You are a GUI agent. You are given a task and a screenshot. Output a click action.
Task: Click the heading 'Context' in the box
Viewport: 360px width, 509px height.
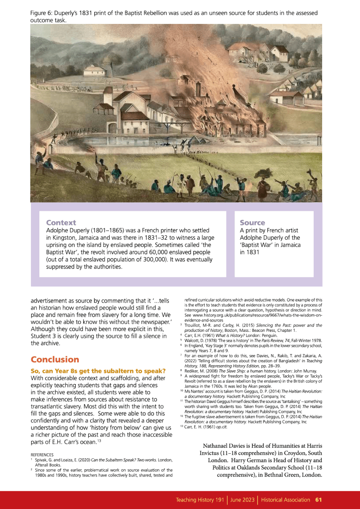click(x=61, y=222)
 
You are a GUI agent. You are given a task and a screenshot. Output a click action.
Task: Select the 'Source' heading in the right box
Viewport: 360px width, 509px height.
click(x=252, y=222)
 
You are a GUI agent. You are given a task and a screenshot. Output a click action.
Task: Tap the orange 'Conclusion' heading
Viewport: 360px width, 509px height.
click(x=55, y=359)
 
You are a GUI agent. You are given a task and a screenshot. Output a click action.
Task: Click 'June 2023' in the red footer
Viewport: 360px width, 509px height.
click(x=242, y=500)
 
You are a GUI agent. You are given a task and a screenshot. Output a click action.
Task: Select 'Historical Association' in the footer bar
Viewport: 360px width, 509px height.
click(x=285, y=500)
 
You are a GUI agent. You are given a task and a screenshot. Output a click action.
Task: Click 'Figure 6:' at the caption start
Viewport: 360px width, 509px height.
click(x=43, y=11)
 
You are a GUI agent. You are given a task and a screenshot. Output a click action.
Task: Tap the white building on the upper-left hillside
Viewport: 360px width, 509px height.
click(x=95, y=71)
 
